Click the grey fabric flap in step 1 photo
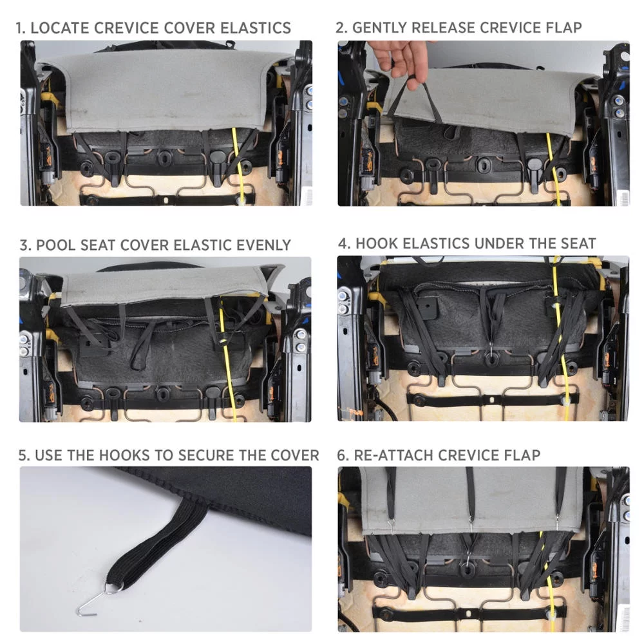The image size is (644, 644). (x=164, y=90)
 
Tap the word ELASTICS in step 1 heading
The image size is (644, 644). (x=256, y=28)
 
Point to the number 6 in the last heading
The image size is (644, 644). (x=341, y=455)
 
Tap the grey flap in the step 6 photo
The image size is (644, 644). (x=472, y=499)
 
